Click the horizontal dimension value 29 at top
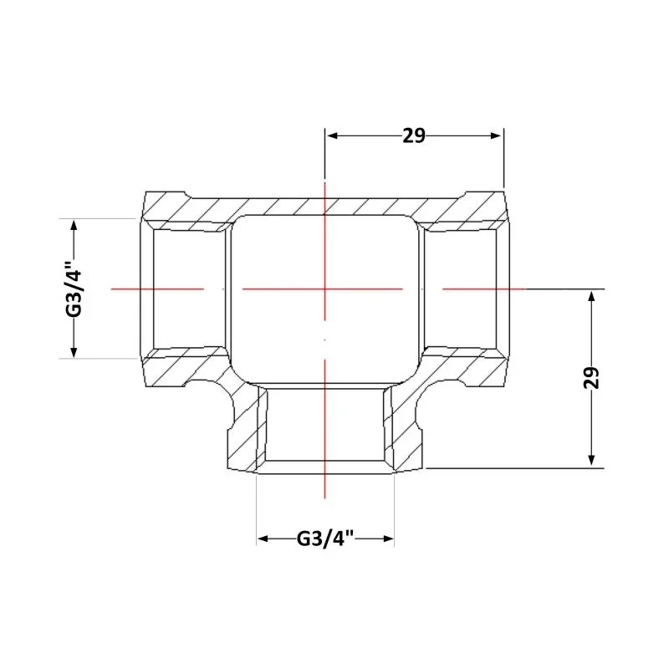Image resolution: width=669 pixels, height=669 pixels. [x=414, y=135]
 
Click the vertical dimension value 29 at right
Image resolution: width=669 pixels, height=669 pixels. [x=591, y=378]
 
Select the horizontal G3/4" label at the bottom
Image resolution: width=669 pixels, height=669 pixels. [x=325, y=539]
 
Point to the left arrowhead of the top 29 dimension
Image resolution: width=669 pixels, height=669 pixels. [x=332, y=135]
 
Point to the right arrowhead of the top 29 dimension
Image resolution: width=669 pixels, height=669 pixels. [x=496, y=135]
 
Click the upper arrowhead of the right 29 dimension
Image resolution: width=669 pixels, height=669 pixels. [x=591, y=296]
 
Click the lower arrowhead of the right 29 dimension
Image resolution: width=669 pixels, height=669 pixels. [x=591, y=460]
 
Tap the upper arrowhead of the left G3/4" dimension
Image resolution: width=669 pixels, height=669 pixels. [x=74, y=226]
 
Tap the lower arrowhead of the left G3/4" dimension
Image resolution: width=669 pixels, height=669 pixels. [x=74, y=351]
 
